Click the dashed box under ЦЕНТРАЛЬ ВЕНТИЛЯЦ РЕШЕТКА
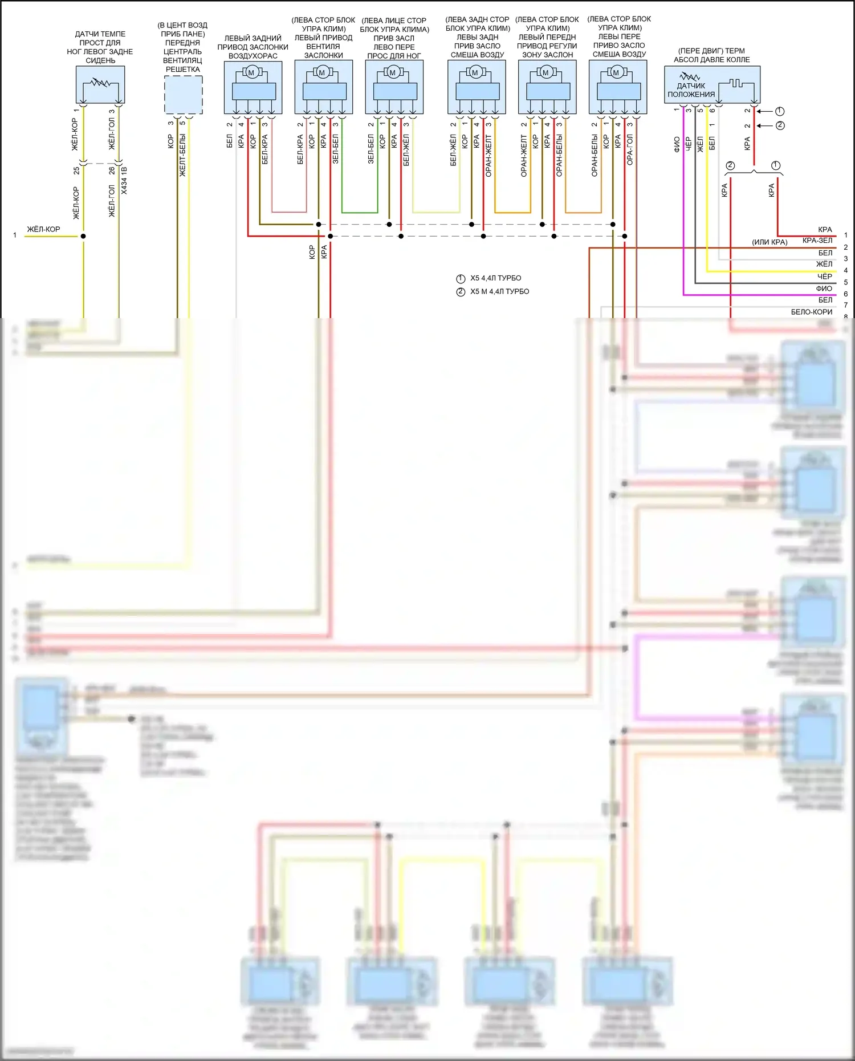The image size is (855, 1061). (x=183, y=95)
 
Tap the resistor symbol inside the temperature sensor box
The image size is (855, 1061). (x=100, y=83)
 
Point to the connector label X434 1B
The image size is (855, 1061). (x=124, y=180)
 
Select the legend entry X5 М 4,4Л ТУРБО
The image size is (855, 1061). (x=499, y=291)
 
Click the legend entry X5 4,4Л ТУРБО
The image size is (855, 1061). (x=495, y=278)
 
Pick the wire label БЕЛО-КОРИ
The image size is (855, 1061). (x=811, y=312)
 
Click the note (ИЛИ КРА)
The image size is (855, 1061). (x=769, y=242)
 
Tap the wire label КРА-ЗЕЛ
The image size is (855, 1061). (x=817, y=241)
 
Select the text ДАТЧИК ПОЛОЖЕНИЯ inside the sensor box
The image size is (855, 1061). (x=691, y=90)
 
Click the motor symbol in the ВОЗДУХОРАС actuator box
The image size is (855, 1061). (x=251, y=72)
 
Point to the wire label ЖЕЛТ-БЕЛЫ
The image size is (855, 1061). (x=182, y=155)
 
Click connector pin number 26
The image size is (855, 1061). (x=112, y=170)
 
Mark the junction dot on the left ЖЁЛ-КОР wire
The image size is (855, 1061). (x=83, y=236)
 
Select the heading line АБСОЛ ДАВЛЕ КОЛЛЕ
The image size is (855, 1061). (x=711, y=60)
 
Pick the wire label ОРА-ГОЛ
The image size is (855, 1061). (x=630, y=150)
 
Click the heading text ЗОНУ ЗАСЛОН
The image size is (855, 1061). (x=547, y=55)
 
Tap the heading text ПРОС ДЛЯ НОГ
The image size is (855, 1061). (x=394, y=56)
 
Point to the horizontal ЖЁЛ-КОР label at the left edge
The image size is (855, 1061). (x=43, y=229)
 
